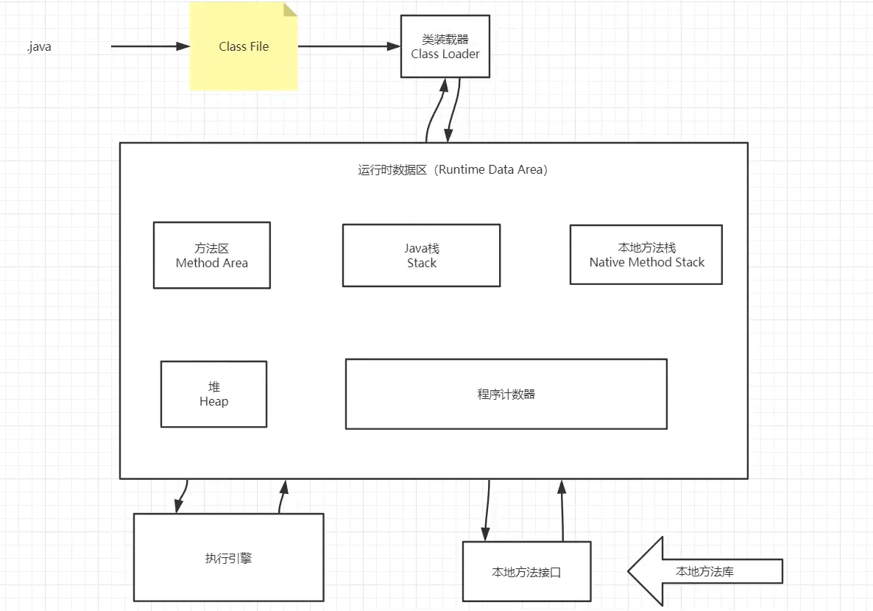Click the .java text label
click(39, 47)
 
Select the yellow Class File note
click(244, 46)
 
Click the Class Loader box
click(445, 46)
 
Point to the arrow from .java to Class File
click(150, 46)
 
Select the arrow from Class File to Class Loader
click(349, 46)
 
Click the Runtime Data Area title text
click(453, 169)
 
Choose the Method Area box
click(211, 255)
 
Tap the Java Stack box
click(422, 255)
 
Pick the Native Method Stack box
click(646, 255)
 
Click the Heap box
click(213, 394)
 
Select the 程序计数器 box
click(506, 394)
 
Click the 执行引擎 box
click(228, 557)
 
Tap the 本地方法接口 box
click(527, 571)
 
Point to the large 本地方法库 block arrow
click(705, 571)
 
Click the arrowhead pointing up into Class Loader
click(444, 85)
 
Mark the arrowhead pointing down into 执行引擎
click(179, 506)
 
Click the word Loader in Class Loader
click(461, 54)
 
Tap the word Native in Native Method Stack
click(607, 262)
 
